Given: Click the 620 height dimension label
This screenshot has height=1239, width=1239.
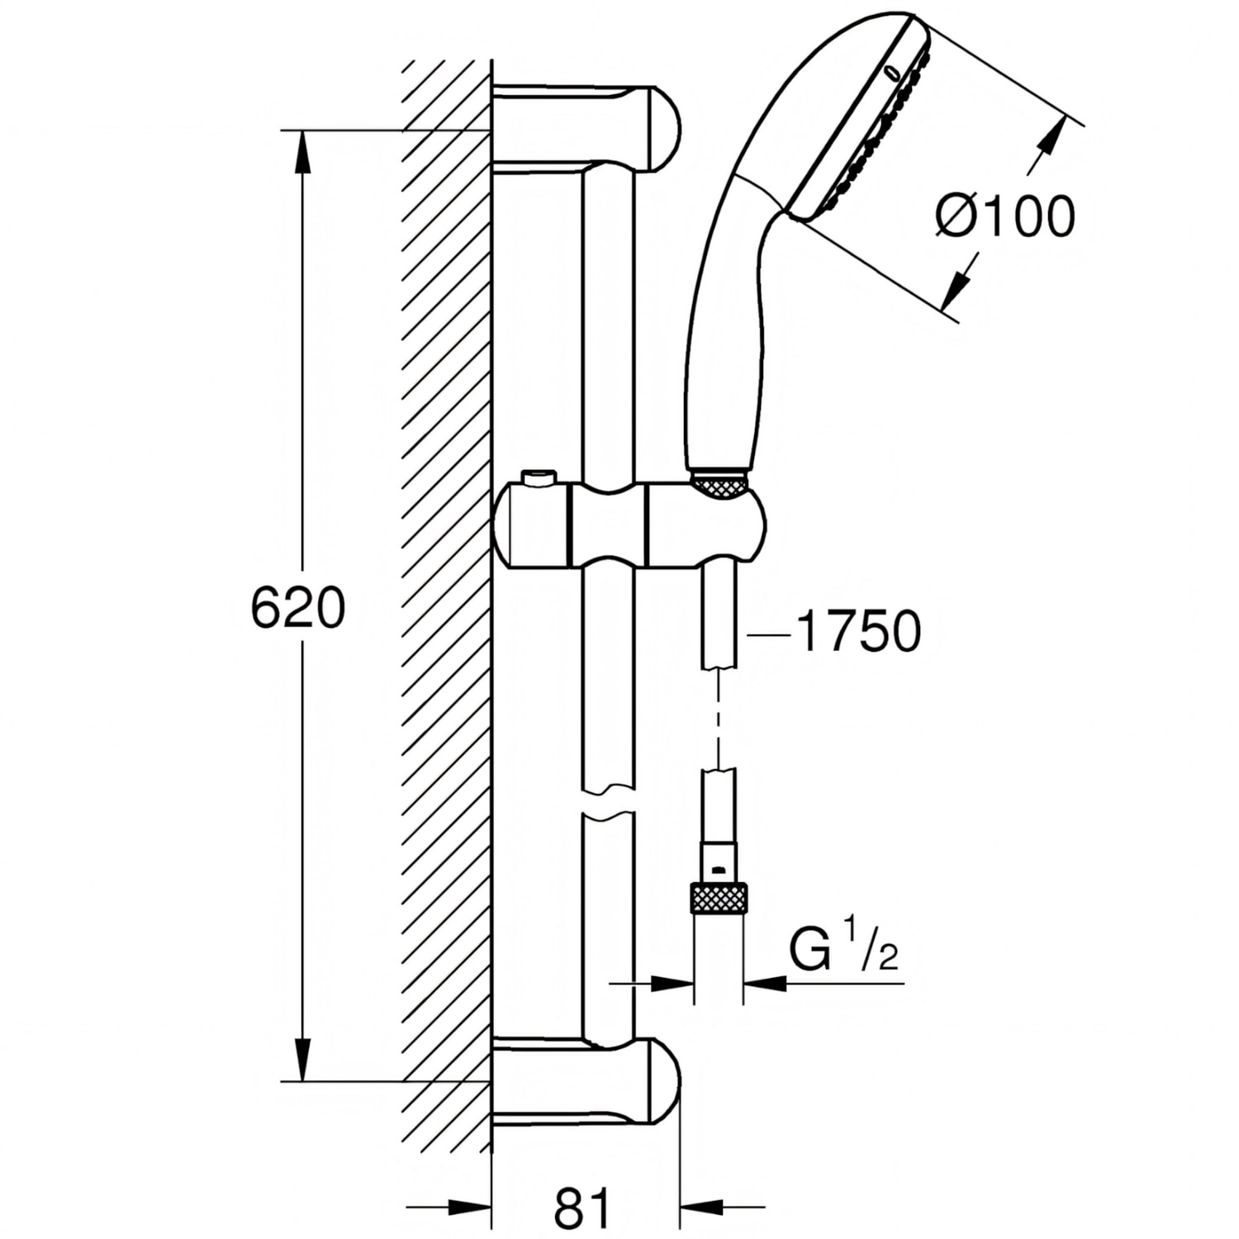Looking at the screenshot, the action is (297, 609).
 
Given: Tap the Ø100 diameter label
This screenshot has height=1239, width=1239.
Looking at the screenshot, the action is (1005, 216).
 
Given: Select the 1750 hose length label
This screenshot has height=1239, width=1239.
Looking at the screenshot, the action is (858, 632).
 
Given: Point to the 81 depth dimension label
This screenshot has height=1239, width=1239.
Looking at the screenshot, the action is (584, 1208).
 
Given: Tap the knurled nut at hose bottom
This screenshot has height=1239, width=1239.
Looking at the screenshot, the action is (718, 898).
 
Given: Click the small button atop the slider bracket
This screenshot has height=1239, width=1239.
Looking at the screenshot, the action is (538, 477).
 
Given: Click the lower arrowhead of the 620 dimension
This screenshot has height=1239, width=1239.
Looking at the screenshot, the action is (303, 1059).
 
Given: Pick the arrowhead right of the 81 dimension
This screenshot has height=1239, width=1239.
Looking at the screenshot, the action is (701, 1208).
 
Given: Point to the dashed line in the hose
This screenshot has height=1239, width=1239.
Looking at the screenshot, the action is (719, 718).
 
